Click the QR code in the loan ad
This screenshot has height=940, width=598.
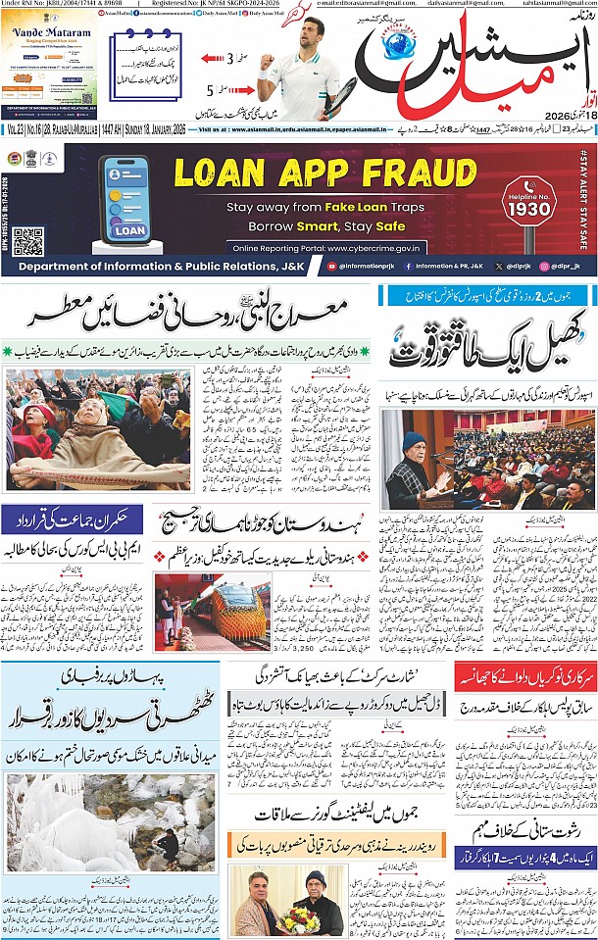28,241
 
